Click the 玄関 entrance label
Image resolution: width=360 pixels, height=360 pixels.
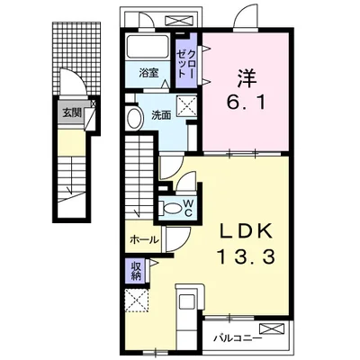(x=72, y=112)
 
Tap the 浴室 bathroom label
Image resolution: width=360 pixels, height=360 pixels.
(x=148, y=73)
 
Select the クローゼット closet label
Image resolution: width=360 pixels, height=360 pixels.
(x=186, y=64)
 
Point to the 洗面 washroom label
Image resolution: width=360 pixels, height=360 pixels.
(x=161, y=115)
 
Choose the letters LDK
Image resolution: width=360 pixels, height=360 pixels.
(x=246, y=231)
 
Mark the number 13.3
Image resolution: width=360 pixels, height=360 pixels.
(x=246, y=257)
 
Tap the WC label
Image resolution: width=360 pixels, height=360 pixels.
(x=188, y=208)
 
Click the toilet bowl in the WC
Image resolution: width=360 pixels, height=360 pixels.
(x=171, y=208)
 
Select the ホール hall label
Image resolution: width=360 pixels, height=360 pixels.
(x=144, y=239)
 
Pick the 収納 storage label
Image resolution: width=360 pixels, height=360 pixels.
(x=136, y=271)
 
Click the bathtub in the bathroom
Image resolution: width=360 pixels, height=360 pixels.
(x=148, y=48)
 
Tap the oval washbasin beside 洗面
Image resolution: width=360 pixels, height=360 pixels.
(x=134, y=118)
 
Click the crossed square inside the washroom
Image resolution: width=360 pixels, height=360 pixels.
(x=186, y=105)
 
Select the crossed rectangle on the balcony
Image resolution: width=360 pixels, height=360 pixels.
(x=272, y=328)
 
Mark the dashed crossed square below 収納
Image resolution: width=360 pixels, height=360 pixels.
(x=137, y=301)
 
